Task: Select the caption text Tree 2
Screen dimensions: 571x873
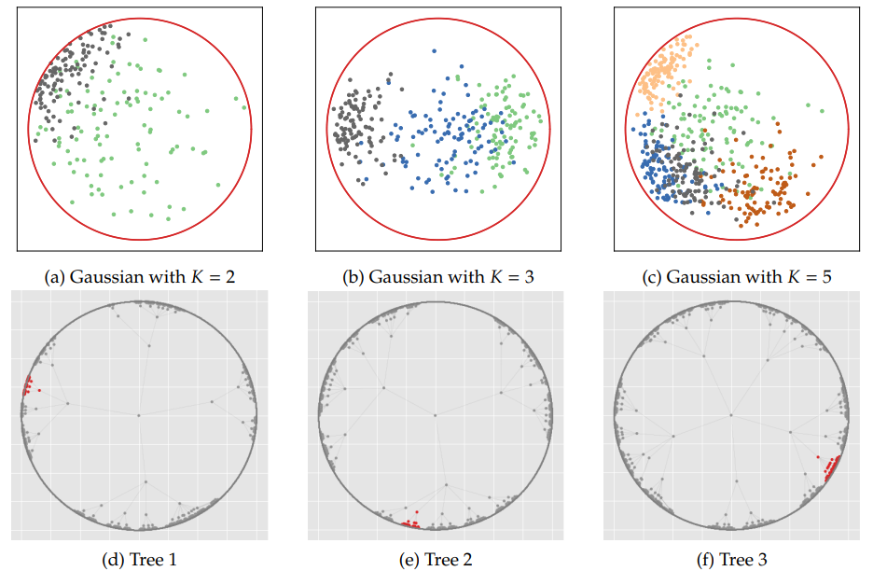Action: pos(450,560)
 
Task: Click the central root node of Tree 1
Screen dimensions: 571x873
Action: pos(139,415)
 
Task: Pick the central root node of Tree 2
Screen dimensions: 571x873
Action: pos(436,415)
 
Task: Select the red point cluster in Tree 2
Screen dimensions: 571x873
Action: pos(409,522)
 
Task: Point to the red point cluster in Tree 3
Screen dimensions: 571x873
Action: pos(830,467)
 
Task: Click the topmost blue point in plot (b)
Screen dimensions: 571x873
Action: pos(434,50)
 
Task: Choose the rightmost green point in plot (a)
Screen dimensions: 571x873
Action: pos(244,107)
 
